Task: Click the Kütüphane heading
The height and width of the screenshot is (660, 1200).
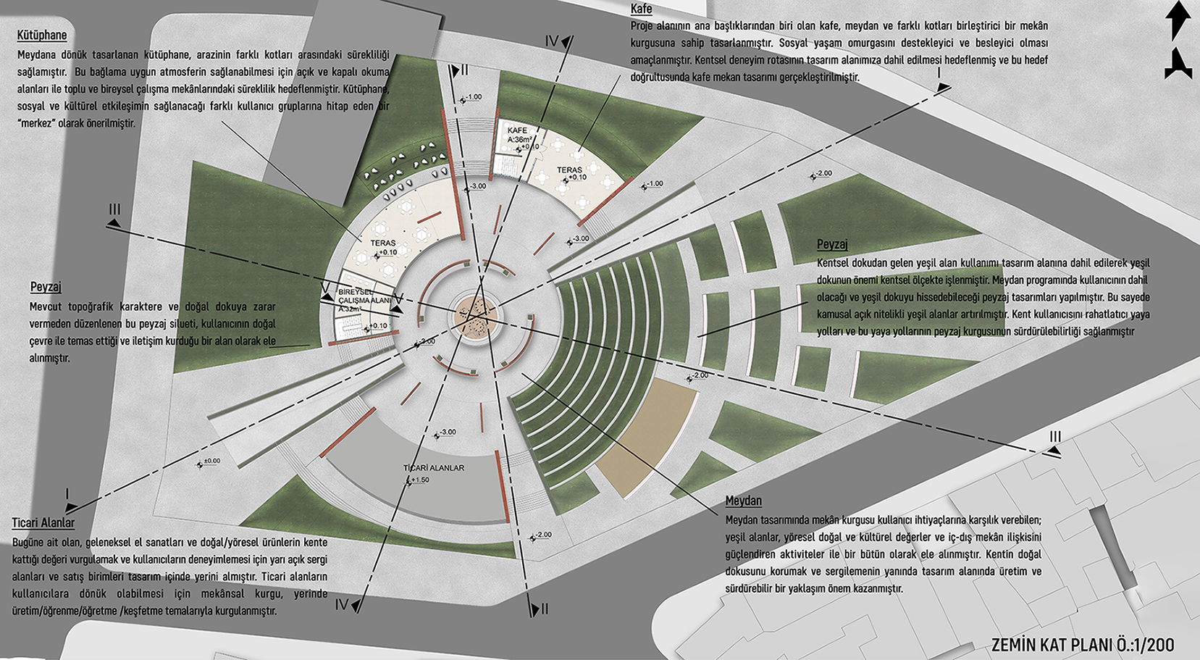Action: [42, 35]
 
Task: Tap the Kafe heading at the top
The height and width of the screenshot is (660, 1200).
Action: [641, 9]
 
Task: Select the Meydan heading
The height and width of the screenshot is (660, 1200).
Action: [743, 501]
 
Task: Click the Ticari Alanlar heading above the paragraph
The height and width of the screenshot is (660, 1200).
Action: [43, 522]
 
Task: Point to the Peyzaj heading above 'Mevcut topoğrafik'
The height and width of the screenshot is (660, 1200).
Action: [46, 287]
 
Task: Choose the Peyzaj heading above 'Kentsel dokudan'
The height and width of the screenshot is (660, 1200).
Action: [832, 245]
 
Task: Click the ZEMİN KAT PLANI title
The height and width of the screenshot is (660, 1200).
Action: [1047, 644]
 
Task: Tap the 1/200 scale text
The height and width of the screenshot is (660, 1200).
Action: [1151, 644]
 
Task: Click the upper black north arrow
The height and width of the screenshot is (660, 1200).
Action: [1178, 20]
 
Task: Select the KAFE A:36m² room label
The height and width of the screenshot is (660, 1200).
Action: [519, 135]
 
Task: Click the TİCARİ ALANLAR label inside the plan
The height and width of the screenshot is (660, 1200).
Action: [434, 468]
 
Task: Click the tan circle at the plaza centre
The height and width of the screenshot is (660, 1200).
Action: [474, 316]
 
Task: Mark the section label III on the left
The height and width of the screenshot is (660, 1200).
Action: [114, 209]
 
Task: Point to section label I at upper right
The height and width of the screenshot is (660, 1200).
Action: [939, 73]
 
